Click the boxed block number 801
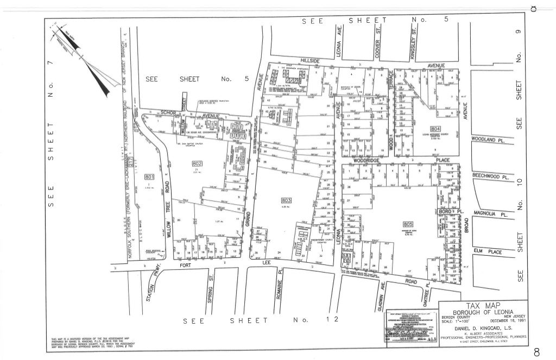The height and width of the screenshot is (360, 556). pyautogui.click(x=149, y=177)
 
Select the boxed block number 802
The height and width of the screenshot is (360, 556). pyautogui.click(x=197, y=164)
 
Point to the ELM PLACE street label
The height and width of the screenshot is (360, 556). pyautogui.click(x=486, y=251)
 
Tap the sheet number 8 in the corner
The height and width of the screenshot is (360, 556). pyautogui.click(x=536, y=351)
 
